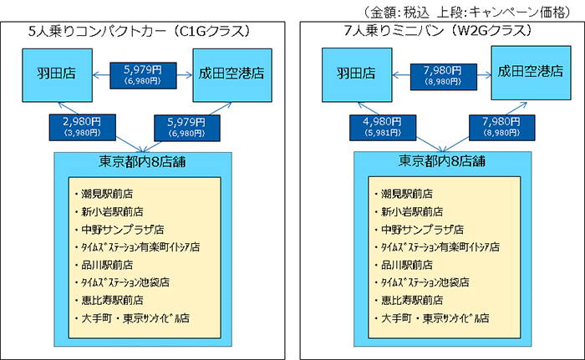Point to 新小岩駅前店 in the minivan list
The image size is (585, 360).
(x=413, y=211)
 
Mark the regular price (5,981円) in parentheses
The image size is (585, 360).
(x=375, y=133)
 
